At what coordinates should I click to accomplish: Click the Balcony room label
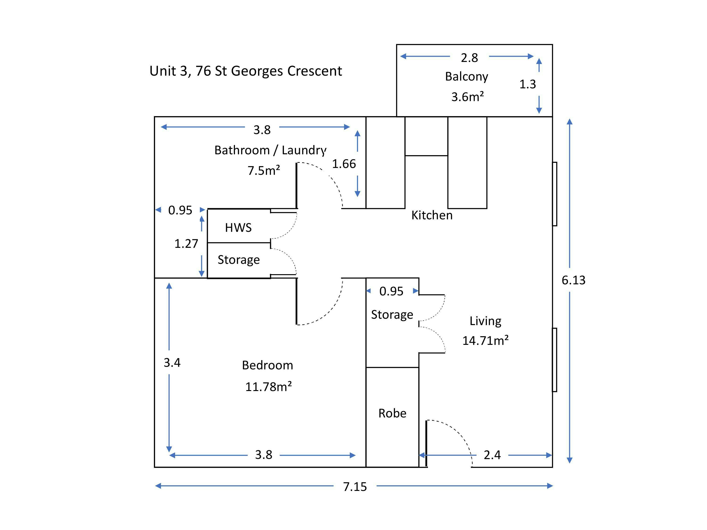466,77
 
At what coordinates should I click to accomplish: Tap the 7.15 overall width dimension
355,487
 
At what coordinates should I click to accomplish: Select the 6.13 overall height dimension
573,280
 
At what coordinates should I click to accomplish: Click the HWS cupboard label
238,228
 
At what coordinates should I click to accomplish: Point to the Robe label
392,413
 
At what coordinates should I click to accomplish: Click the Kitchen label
432,215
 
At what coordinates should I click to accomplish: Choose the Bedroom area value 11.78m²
268,387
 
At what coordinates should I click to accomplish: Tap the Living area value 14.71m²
485,341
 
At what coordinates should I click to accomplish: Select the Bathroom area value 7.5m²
264,170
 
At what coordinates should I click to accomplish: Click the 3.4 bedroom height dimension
172,363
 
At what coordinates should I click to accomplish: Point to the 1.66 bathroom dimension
344,164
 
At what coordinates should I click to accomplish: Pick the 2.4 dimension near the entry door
492,455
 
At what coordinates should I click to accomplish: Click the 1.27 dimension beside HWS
186,244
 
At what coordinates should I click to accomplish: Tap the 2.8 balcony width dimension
469,58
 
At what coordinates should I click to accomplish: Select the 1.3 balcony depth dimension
527,84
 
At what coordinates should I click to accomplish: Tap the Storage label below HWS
238,260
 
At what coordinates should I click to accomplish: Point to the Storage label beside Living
392,315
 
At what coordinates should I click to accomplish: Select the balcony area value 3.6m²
467,97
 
